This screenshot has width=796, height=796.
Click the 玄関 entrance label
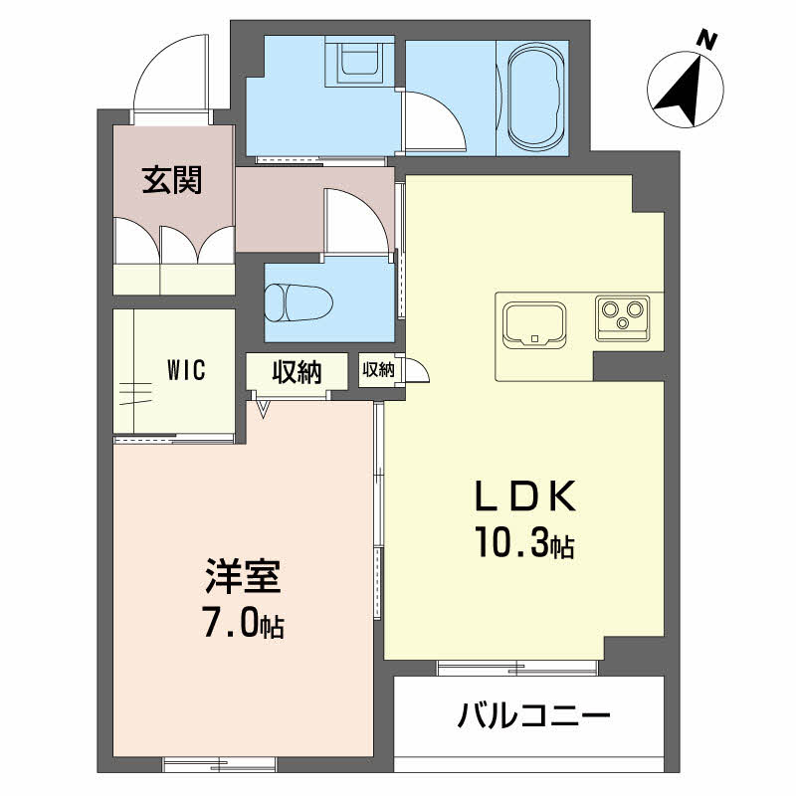point(172,180)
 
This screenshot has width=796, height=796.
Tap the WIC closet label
point(186,369)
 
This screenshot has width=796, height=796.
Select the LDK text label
point(525,496)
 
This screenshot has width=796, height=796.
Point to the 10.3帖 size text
point(525,541)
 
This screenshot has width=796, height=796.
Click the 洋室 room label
point(243,577)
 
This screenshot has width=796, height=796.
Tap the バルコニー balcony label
point(533,715)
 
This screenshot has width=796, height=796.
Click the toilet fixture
point(298,302)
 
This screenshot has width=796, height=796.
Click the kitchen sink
point(534,325)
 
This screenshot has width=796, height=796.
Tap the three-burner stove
point(623,317)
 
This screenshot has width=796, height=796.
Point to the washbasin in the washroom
point(360,61)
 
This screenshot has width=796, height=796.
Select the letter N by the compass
point(706,40)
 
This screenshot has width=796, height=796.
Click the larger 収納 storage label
point(297,372)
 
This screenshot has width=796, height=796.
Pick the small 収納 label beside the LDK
point(378,369)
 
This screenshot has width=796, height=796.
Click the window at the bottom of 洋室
point(219,763)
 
